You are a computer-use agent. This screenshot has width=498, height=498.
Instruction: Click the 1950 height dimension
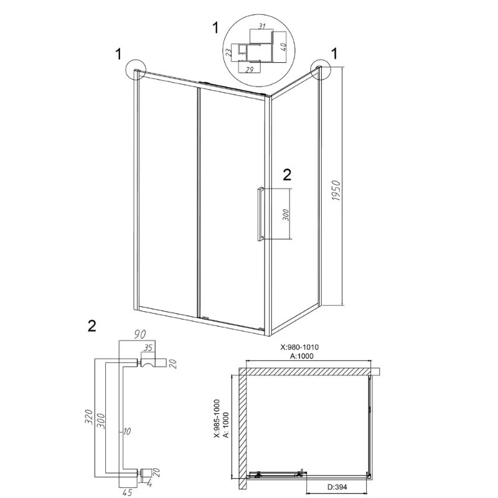click(336, 190)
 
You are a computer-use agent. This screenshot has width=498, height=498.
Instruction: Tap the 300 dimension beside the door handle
click(286, 215)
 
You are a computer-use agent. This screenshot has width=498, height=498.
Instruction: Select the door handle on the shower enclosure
click(260, 214)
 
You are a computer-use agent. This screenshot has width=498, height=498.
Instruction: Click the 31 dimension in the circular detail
click(261, 26)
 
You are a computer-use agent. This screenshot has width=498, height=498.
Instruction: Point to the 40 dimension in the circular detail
click(284, 46)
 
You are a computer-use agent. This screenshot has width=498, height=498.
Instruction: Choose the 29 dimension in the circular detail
click(250, 70)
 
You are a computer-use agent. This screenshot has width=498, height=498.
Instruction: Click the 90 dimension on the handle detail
click(139, 334)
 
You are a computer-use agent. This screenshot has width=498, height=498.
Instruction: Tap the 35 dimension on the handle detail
click(148, 347)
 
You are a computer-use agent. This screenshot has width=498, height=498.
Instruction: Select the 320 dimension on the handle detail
click(88, 416)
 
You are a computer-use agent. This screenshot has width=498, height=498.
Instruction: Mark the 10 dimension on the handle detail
click(126, 431)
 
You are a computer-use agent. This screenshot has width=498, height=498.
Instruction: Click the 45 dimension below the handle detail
click(127, 492)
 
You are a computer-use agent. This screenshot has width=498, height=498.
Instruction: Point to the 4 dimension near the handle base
click(149, 484)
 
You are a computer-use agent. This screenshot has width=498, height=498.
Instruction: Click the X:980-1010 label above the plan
click(299, 347)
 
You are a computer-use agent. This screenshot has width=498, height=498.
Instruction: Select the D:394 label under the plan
click(337, 487)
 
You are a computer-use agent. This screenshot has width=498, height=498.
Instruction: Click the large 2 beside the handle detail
click(92, 326)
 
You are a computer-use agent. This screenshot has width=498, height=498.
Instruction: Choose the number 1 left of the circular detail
click(216, 27)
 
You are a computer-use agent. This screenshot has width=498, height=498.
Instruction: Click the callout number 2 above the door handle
click(287, 175)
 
